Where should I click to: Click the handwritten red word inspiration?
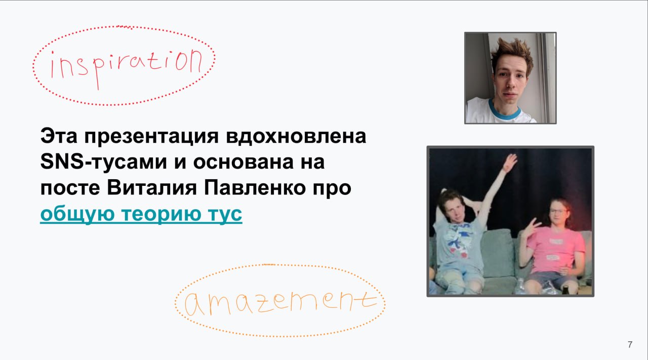(127, 68)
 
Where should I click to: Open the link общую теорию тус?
(141, 215)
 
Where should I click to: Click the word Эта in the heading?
(59, 136)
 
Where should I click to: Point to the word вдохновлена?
(296, 136)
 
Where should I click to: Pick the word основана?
(244, 163)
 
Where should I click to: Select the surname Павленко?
(255, 188)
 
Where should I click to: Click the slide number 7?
(630, 344)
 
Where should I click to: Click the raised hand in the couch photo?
(509, 163)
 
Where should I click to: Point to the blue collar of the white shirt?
(505, 112)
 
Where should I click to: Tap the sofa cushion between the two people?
(498, 251)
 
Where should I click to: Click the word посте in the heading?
(70, 188)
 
